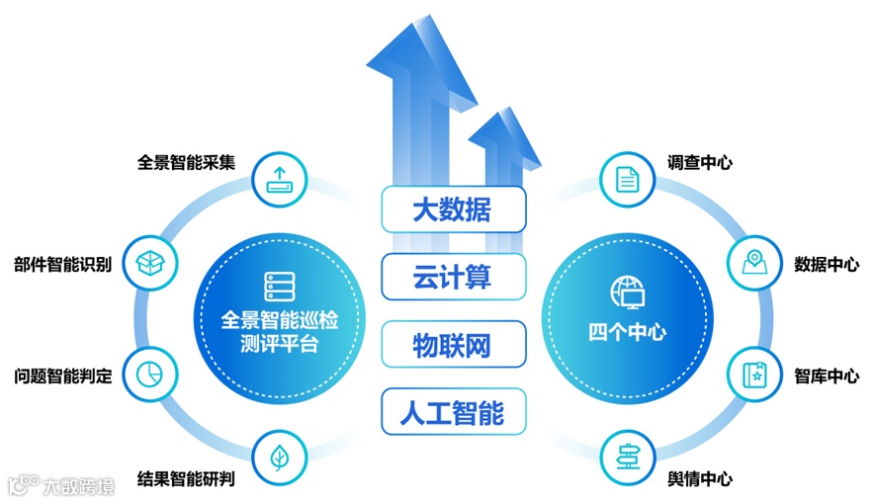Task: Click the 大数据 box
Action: pos(453,210)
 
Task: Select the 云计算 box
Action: pos(453,277)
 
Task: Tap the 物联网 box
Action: pos(453,345)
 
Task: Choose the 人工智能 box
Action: pos(453,412)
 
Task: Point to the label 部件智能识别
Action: pos(62,265)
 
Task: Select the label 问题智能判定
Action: pos(62,376)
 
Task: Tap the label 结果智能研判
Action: pos(186,479)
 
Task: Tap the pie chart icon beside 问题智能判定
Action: pos(150,374)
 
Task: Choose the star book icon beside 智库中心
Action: pos(755,375)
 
